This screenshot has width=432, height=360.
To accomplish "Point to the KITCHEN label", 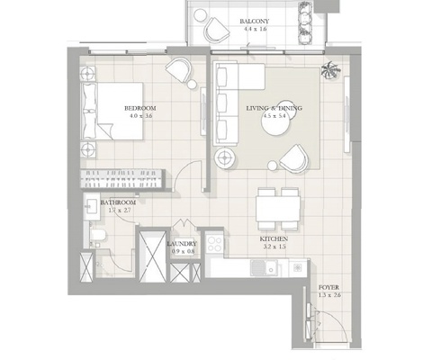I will pos(274,239).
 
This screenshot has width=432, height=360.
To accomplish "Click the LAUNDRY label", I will pos(183,243).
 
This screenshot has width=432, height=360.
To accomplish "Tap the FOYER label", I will pos(329,288).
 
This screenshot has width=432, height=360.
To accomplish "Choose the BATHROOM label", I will pos(119,203).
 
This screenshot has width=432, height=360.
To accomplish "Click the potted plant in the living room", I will pos(331,70).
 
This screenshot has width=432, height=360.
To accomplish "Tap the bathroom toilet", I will pos(98,237).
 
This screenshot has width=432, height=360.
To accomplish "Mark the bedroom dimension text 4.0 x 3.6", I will pos(141,115).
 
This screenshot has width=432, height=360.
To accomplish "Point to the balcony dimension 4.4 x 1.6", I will pos(256,29).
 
